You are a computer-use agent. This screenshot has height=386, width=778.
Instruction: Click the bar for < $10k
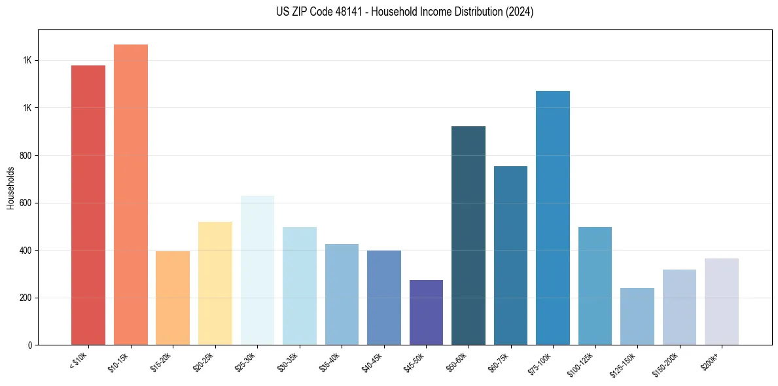click(88, 205)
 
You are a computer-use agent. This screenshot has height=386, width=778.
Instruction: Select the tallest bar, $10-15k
click(131, 194)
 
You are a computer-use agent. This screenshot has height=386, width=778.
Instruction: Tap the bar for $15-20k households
click(173, 298)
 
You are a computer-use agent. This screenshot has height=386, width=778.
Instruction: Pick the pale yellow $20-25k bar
click(215, 283)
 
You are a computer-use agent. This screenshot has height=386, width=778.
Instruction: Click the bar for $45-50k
click(426, 312)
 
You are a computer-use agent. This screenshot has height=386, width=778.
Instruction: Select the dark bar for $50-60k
click(469, 236)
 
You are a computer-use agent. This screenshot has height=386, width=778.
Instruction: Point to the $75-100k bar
click(553, 218)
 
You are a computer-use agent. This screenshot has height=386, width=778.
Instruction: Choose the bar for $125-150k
click(637, 316)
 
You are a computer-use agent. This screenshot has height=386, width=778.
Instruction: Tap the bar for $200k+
click(722, 302)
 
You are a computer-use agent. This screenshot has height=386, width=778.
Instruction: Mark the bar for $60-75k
click(510, 255)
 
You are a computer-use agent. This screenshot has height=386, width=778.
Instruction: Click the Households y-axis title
click(10, 188)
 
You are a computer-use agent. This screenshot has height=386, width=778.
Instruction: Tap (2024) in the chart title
click(520, 12)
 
